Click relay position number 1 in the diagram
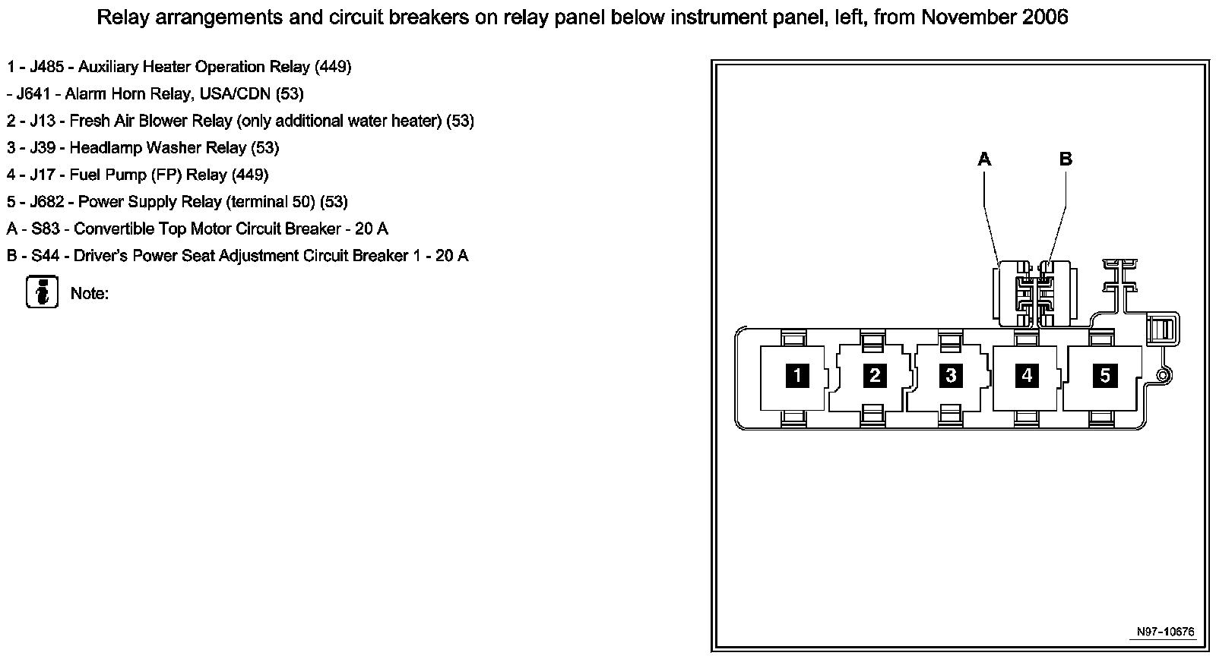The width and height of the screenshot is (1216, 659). (797, 375)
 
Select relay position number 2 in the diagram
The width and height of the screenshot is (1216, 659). (875, 375)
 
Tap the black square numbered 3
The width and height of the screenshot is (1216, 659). (951, 375)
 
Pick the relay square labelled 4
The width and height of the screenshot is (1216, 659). (1028, 375)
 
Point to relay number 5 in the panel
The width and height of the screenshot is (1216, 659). (1105, 375)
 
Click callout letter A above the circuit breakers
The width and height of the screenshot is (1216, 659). (984, 159)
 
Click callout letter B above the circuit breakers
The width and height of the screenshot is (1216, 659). (1066, 159)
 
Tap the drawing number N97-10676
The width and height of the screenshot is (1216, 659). (1165, 632)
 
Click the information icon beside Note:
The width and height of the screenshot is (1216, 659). (43, 292)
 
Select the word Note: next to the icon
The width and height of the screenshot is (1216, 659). (90, 294)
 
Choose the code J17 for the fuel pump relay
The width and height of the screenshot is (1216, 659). (43, 175)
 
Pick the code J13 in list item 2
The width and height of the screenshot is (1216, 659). (43, 121)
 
